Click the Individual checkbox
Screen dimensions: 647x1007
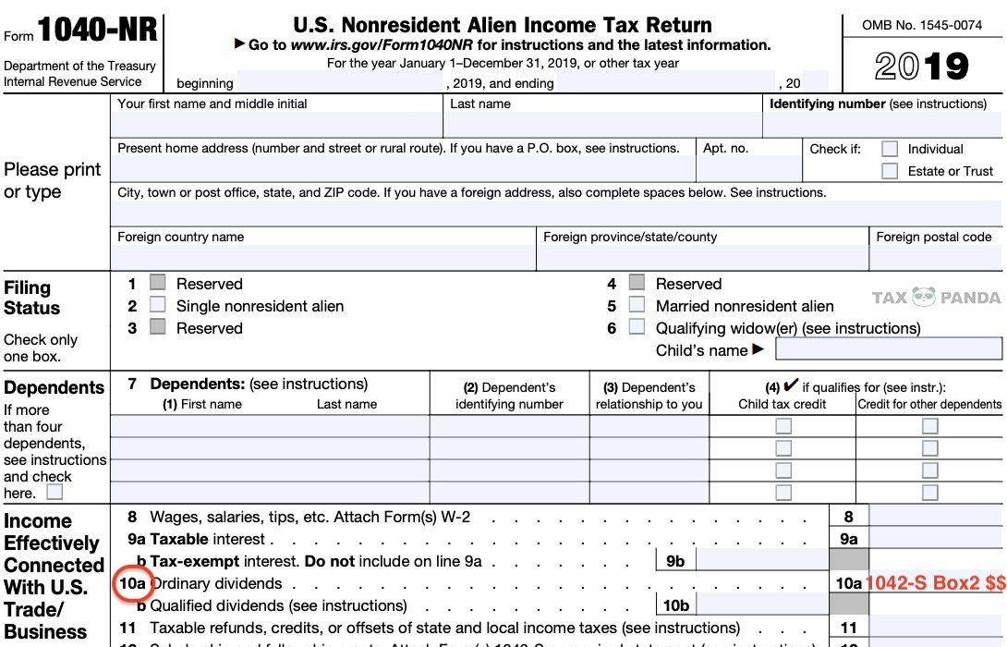click(890, 149)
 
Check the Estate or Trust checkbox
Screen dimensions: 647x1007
click(890, 171)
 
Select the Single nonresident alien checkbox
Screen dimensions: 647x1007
click(158, 306)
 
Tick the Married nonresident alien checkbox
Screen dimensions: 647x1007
click(637, 306)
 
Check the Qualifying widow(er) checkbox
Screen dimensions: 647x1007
click(637, 327)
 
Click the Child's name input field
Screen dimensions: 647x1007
click(888, 349)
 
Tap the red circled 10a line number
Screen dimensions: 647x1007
click(133, 584)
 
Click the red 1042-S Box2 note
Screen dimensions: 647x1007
click(934, 583)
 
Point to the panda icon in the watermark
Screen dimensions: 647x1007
click(924, 298)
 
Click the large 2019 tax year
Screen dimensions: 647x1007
click(922, 67)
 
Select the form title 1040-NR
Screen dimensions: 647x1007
click(97, 33)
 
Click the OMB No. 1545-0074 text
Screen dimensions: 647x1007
click(922, 25)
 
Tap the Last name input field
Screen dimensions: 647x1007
click(602, 125)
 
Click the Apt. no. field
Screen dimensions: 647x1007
click(748, 168)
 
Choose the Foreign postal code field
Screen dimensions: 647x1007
click(936, 258)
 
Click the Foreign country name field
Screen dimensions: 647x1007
click(322, 258)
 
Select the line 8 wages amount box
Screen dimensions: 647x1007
click(935, 517)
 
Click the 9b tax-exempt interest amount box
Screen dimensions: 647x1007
click(761, 561)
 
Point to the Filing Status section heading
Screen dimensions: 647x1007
click(32, 298)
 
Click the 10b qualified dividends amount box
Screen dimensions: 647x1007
click(761, 605)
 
